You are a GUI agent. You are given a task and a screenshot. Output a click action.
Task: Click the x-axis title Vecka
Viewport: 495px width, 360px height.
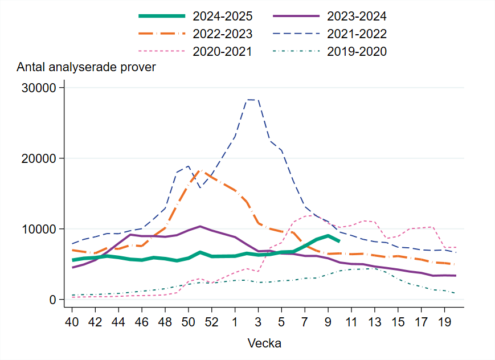click(x=264, y=343)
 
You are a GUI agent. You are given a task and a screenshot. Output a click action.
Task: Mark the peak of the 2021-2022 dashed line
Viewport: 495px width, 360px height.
click(x=252, y=100)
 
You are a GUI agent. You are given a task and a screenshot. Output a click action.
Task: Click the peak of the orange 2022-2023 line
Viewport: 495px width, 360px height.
click(x=200, y=170)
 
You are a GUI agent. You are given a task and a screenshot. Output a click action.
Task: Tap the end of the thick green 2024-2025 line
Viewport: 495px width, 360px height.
click(x=339, y=241)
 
